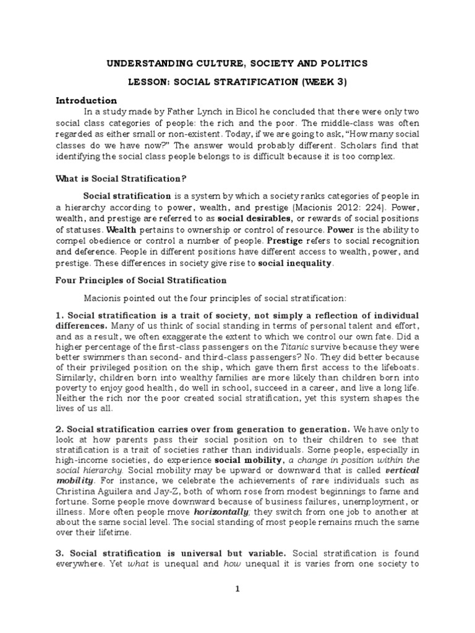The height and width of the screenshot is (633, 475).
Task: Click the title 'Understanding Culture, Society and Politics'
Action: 237,63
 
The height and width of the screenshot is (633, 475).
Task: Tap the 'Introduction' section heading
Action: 86,100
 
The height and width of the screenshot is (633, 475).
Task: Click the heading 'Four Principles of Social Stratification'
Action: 142,280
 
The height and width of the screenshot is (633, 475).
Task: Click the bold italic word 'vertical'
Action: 401,471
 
